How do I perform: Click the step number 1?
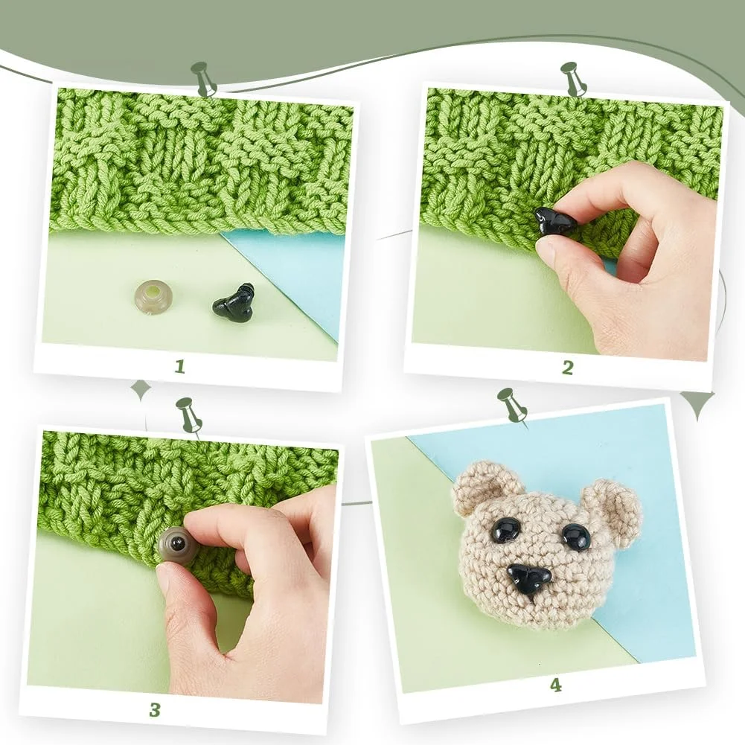[x=179, y=366]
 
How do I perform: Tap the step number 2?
[x=568, y=367]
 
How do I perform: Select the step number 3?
[x=155, y=710]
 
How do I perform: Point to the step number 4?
[x=555, y=685]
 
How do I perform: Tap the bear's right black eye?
[x=578, y=536]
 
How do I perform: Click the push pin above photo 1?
[x=204, y=79]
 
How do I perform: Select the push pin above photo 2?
[x=573, y=79]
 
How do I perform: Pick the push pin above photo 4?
[x=512, y=406]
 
